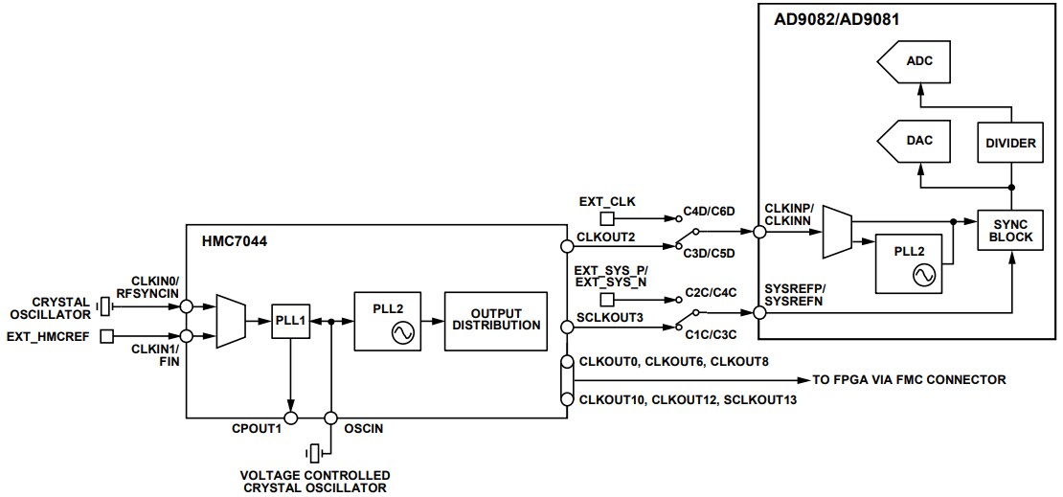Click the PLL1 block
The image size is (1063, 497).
(289, 322)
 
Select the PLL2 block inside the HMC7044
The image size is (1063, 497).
(386, 321)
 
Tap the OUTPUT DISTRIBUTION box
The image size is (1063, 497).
(496, 321)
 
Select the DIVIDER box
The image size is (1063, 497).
(1010, 142)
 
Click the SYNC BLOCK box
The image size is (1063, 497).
(1010, 230)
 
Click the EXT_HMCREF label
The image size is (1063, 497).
(51, 335)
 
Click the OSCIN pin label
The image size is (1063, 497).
(364, 429)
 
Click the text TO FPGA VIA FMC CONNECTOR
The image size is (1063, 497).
(910, 380)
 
